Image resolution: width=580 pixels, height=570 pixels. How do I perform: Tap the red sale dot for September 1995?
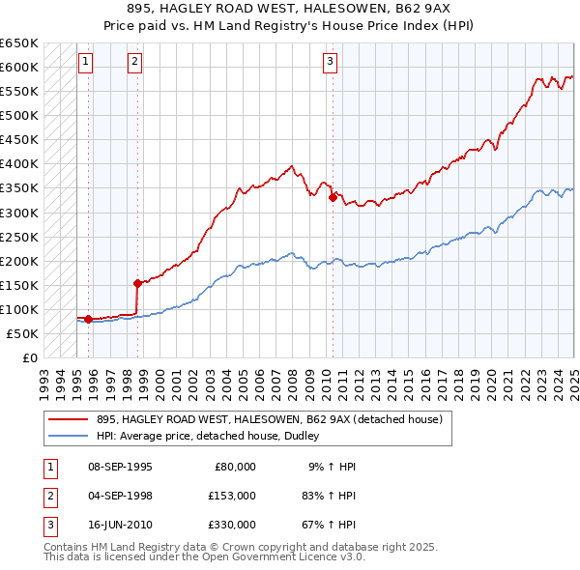tap(89, 319)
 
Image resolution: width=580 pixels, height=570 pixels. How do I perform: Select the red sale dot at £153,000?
tap(138, 283)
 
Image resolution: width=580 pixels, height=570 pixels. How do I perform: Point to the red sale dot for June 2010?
tap(333, 197)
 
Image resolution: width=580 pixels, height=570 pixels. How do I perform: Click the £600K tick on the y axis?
tap(19, 67)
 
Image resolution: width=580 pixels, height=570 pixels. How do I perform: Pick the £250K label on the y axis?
tap(19, 237)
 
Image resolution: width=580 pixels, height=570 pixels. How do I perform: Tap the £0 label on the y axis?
tap(29, 357)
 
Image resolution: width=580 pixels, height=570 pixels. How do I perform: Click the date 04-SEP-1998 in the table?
tap(120, 495)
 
